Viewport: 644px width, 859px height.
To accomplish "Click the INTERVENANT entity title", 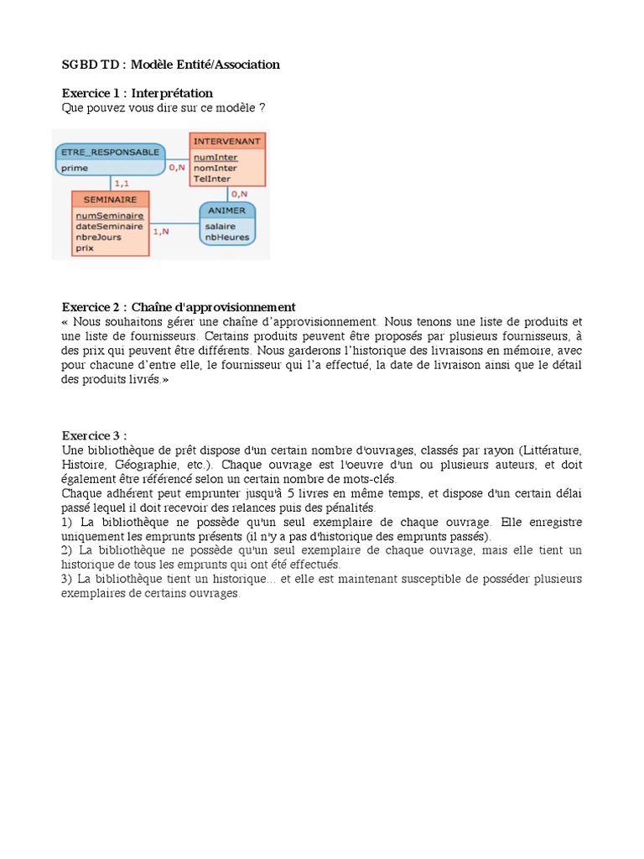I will click(x=227, y=141).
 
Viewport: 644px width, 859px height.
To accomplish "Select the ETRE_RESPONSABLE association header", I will click(x=109, y=153).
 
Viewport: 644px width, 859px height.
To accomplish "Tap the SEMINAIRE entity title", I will click(x=110, y=200).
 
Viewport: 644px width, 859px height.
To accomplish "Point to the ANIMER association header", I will click(x=226, y=211).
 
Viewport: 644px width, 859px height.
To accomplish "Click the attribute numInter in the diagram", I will click(x=216, y=157).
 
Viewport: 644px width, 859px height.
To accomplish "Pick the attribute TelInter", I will click(x=211, y=179).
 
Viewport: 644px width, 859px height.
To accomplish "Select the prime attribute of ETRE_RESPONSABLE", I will click(x=75, y=168).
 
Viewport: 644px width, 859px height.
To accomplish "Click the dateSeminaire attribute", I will click(x=109, y=226).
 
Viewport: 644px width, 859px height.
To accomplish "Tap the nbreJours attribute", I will click(x=98, y=237).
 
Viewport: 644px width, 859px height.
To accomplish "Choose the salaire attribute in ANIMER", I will click(x=220, y=226).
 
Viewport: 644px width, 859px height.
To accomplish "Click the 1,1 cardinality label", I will click(x=121, y=183).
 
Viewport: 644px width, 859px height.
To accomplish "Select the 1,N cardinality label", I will click(x=161, y=231).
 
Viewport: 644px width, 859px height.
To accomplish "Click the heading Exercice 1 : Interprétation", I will click(x=138, y=93).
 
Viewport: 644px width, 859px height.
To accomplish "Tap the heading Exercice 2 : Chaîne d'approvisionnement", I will click(x=179, y=307).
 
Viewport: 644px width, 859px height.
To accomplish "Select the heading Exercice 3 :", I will click(x=94, y=435).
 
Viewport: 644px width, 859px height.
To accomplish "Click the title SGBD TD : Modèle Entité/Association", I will click(x=171, y=65).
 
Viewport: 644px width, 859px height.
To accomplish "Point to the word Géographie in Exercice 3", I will click(x=149, y=465).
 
